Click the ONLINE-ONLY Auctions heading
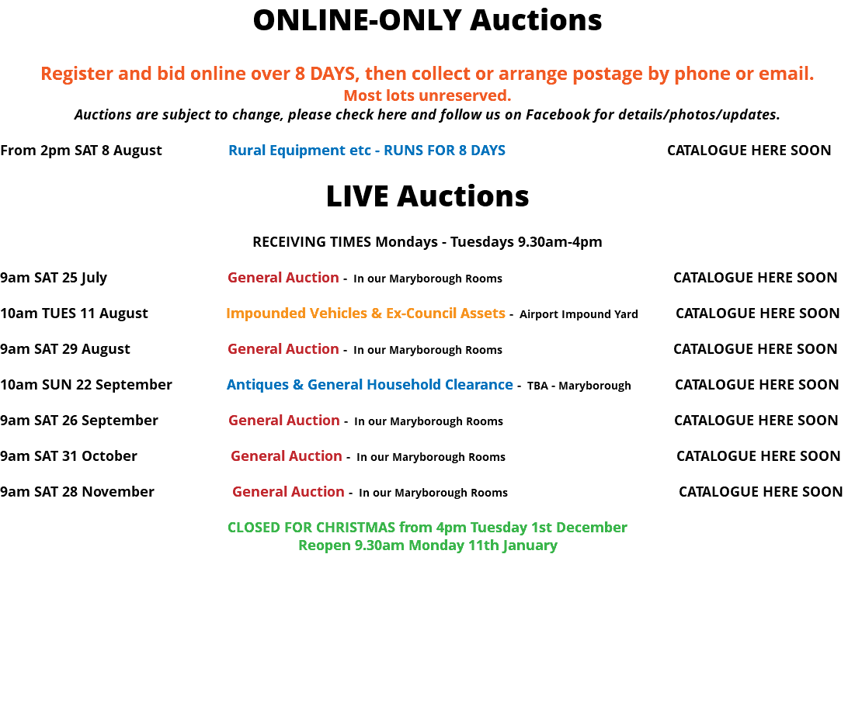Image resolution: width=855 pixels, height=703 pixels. coord(427,20)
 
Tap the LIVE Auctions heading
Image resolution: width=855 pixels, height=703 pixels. coord(427,196)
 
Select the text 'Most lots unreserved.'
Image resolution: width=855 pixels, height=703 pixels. coord(427,95)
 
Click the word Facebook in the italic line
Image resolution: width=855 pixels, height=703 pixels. coord(558,114)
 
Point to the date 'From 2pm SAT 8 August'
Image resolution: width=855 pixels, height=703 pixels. coord(82,151)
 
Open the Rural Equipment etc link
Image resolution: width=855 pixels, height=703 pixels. coord(367,151)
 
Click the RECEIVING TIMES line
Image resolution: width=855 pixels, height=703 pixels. coord(427,242)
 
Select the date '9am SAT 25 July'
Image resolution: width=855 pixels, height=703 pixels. coord(54,278)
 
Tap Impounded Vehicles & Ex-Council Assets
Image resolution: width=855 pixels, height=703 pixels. coord(366,313)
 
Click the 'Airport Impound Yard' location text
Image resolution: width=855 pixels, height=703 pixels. coord(579,314)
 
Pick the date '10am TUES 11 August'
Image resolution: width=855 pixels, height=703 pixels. coord(74,313)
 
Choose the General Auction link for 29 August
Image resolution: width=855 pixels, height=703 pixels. coord(283,348)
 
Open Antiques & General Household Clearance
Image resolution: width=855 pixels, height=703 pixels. coord(370,385)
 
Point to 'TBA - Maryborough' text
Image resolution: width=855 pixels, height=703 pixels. coord(579,386)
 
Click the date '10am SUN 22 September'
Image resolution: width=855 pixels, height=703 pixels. coord(86,385)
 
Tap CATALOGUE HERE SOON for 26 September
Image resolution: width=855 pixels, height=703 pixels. coord(756,420)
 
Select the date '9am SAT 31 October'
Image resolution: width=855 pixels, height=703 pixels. coord(68,456)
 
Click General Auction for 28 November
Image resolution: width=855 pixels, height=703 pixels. coord(288,491)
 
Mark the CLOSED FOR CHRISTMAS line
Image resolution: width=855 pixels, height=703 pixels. coord(427,528)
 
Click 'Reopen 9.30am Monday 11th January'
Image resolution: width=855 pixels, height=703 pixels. coord(427,545)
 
